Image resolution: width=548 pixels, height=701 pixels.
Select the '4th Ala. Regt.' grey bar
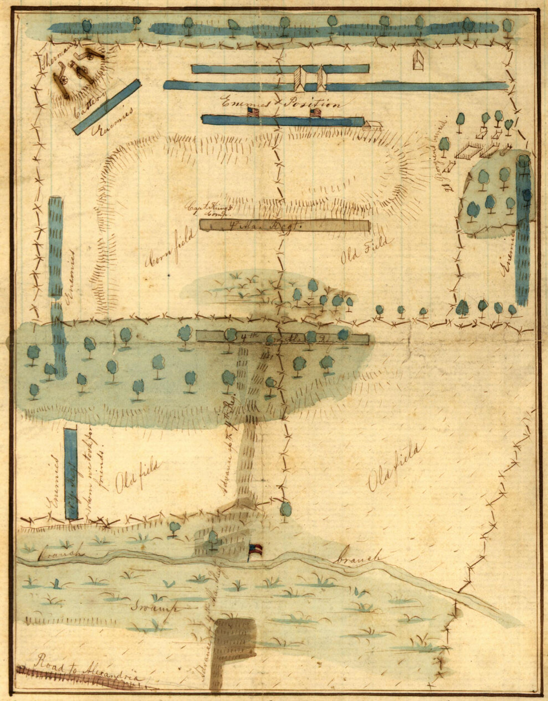tap(284, 226)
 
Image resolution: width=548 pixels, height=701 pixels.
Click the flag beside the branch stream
tap(256, 551)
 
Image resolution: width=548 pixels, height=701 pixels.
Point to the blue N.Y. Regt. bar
tap(71, 474)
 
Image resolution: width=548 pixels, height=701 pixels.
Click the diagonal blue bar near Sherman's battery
tap(107, 107)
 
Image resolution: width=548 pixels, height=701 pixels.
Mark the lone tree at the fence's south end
tap(285, 510)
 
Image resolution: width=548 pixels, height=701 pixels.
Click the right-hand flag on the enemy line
tap(316, 113)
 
